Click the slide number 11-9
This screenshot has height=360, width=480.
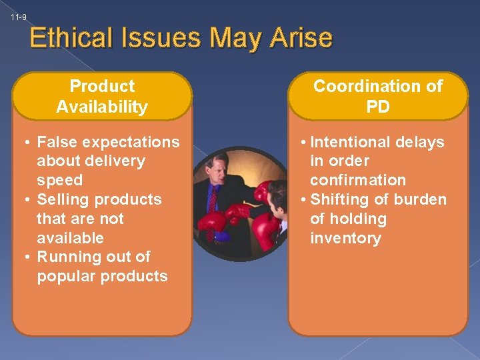point(19,17)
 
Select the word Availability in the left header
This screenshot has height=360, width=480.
point(102,107)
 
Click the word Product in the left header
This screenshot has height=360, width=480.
point(102,86)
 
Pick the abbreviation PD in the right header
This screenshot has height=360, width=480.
point(378,107)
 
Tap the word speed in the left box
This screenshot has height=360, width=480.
point(60,180)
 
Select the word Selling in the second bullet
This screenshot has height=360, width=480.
point(61,199)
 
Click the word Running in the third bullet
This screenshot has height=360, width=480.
point(65,257)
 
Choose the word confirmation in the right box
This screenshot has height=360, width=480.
point(358,180)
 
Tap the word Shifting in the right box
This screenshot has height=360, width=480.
point(338,199)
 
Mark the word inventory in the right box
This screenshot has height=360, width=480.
point(345,238)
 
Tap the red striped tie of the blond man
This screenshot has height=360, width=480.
point(212,207)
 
